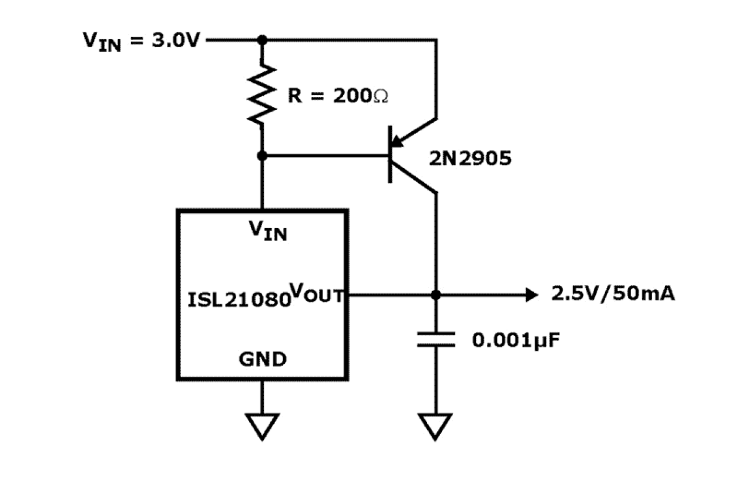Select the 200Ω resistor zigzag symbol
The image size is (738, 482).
click(x=263, y=94)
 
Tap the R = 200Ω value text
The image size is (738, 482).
click(x=338, y=96)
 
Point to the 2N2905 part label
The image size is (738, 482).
click(x=469, y=158)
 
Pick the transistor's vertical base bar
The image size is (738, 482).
click(x=390, y=155)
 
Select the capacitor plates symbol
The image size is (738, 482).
click(x=435, y=339)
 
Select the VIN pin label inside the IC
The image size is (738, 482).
click(x=267, y=230)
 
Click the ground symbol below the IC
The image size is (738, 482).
click(x=262, y=425)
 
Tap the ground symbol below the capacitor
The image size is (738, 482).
click(x=435, y=425)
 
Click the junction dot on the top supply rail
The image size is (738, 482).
click(x=263, y=40)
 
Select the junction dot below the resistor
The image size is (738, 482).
click(x=263, y=156)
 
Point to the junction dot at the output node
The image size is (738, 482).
click(x=435, y=294)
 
